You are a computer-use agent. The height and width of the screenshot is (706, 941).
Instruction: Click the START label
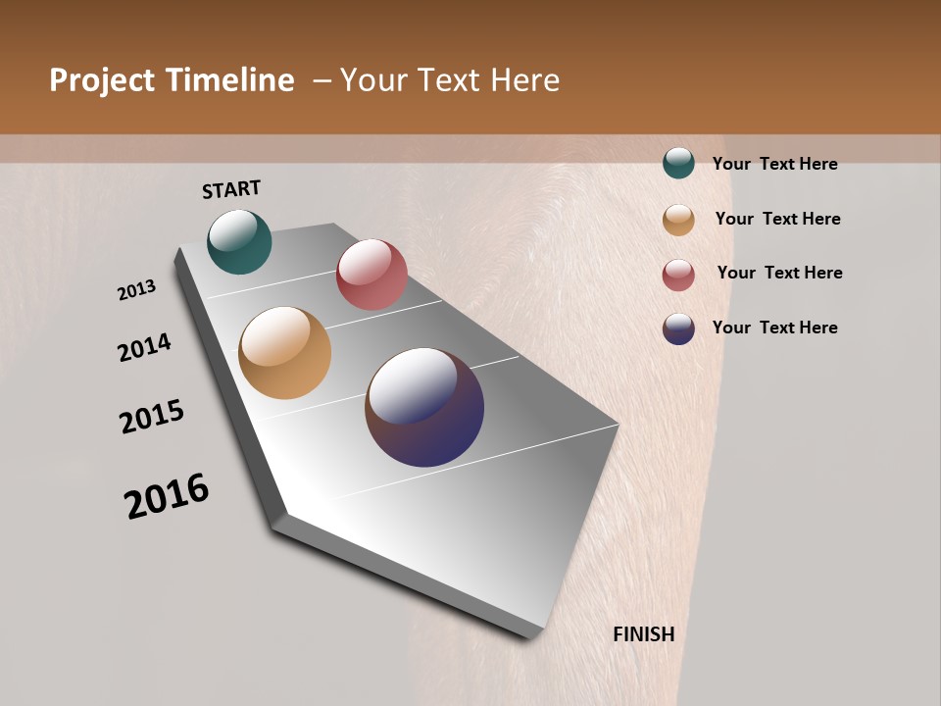[231, 189]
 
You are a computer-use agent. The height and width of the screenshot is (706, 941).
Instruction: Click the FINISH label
[643, 634]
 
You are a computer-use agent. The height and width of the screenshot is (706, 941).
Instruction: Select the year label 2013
[136, 290]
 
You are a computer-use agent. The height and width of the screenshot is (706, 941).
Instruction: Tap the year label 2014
[144, 347]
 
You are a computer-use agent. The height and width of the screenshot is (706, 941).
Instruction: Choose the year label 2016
[167, 496]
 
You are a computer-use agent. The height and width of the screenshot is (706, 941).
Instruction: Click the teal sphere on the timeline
[239, 241]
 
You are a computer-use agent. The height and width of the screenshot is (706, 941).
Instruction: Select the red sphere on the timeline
[371, 274]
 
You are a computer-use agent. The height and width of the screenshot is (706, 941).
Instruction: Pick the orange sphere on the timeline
[284, 353]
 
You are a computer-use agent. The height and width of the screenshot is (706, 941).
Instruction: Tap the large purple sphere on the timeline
[424, 407]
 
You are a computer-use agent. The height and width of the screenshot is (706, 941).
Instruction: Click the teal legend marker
[678, 164]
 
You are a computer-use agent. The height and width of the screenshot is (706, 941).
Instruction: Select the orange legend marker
[678, 220]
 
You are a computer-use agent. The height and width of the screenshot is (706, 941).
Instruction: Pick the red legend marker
[678, 275]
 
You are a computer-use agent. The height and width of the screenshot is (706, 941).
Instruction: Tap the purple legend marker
[678, 328]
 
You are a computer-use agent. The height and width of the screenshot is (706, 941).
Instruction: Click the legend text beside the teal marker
[774, 164]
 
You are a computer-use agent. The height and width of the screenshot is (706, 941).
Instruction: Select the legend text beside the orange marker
[777, 219]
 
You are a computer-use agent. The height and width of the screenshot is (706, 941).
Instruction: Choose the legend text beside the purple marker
[774, 328]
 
